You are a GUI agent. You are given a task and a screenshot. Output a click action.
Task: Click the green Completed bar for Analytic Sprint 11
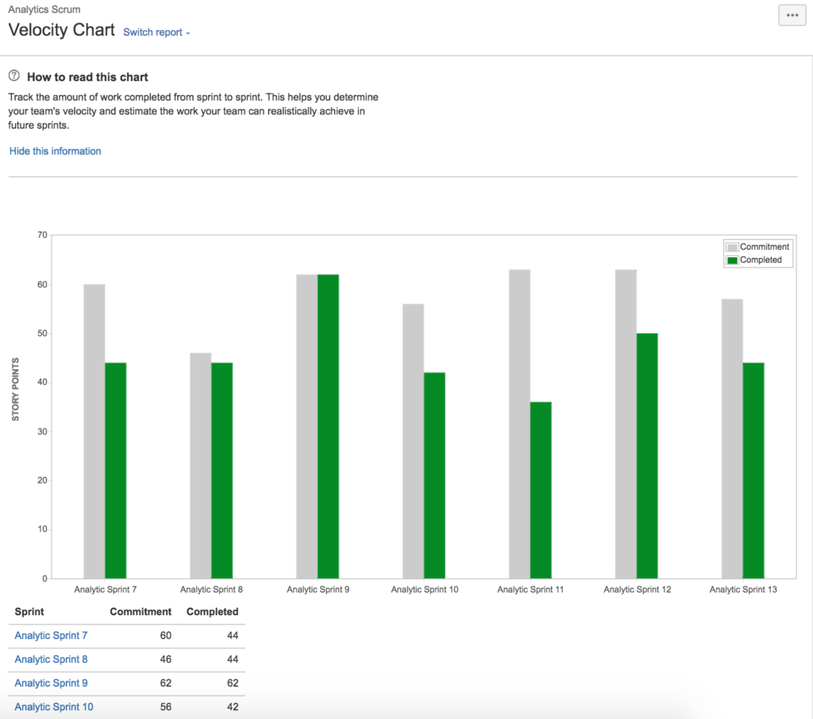point(541,490)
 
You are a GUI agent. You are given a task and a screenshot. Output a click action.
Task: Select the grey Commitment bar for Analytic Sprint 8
point(201,465)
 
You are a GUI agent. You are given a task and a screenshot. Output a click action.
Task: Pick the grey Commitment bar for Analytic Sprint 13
point(732,438)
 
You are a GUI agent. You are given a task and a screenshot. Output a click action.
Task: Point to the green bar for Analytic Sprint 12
point(647,456)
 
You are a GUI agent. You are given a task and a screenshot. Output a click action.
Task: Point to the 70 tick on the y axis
point(42,235)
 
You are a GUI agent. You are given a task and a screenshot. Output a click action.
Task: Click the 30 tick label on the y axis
point(42,431)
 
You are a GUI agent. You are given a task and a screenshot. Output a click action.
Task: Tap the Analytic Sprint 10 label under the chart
point(425,590)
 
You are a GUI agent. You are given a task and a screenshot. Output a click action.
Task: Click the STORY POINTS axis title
point(16,389)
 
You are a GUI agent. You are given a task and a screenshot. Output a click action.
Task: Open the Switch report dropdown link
point(156,33)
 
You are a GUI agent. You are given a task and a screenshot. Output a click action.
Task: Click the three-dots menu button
point(792,15)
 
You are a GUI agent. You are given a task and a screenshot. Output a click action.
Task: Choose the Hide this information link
point(55,151)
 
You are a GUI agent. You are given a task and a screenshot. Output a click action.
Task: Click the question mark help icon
point(14,76)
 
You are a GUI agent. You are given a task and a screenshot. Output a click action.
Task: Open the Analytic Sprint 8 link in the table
point(51,659)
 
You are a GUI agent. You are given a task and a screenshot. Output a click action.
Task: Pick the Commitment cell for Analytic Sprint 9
point(164,682)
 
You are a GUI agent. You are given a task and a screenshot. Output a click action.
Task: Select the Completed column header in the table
point(212,612)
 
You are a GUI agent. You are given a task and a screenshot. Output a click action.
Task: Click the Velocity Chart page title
point(60,31)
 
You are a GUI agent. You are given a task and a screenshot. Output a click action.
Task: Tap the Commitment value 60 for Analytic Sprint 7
point(165,635)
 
